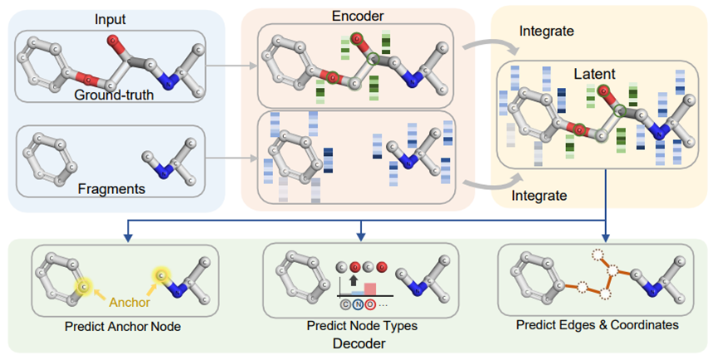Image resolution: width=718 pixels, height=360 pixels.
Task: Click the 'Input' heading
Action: (110, 19)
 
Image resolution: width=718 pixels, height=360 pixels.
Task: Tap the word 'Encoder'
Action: (358, 16)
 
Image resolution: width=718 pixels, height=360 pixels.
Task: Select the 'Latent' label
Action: (594, 74)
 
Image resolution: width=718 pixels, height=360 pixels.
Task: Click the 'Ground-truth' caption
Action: (114, 95)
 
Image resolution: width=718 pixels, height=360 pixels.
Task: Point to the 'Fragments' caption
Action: (111, 188)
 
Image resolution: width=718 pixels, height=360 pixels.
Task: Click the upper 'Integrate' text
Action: (546, 31)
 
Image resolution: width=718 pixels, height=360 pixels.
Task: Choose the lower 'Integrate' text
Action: (539, 195)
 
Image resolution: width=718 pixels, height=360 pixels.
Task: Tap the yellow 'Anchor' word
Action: (129, 303)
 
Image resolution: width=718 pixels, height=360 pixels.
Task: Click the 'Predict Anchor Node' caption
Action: (123, 326)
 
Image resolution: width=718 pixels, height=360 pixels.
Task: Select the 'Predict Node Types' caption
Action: (362, 326)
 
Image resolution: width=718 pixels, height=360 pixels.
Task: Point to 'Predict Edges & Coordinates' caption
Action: (597, 325)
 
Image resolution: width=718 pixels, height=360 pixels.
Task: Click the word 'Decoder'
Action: (359, 343)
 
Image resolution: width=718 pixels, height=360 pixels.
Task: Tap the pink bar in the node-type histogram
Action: (370, 289)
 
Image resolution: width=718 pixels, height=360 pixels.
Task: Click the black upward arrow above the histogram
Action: (353, 280)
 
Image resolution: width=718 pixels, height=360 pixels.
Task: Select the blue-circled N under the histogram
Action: (358, 304)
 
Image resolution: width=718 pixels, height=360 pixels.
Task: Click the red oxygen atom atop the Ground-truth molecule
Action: (113, 41)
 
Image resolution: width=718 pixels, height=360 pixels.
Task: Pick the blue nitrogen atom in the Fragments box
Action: (164, 171)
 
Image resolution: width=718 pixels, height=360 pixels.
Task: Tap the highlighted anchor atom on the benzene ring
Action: (83, 286)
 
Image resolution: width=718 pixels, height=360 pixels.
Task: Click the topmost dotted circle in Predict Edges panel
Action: (598, 255)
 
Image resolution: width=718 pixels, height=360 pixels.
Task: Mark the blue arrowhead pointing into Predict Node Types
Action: (361, 236)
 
